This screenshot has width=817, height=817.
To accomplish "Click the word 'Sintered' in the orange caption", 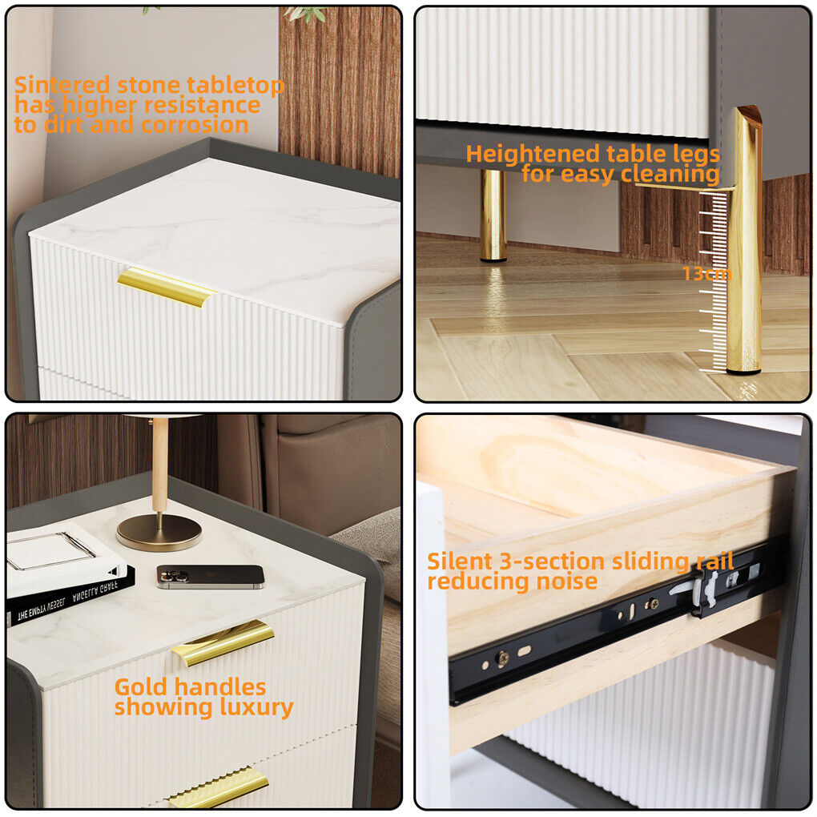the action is point(62,86).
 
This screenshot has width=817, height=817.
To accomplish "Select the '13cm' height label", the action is point(706,274).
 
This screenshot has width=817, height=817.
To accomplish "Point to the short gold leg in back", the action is point(493,215).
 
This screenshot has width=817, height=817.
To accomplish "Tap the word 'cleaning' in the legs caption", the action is point(670,174).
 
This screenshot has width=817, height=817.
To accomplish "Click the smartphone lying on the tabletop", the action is point(211,577).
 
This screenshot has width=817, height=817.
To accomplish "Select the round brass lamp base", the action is point(159,533).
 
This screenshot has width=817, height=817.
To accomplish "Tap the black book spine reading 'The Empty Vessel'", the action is point(70,596).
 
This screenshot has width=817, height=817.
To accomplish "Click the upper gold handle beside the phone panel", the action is point(223,642).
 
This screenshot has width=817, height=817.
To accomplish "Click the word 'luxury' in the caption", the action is point(256,707).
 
